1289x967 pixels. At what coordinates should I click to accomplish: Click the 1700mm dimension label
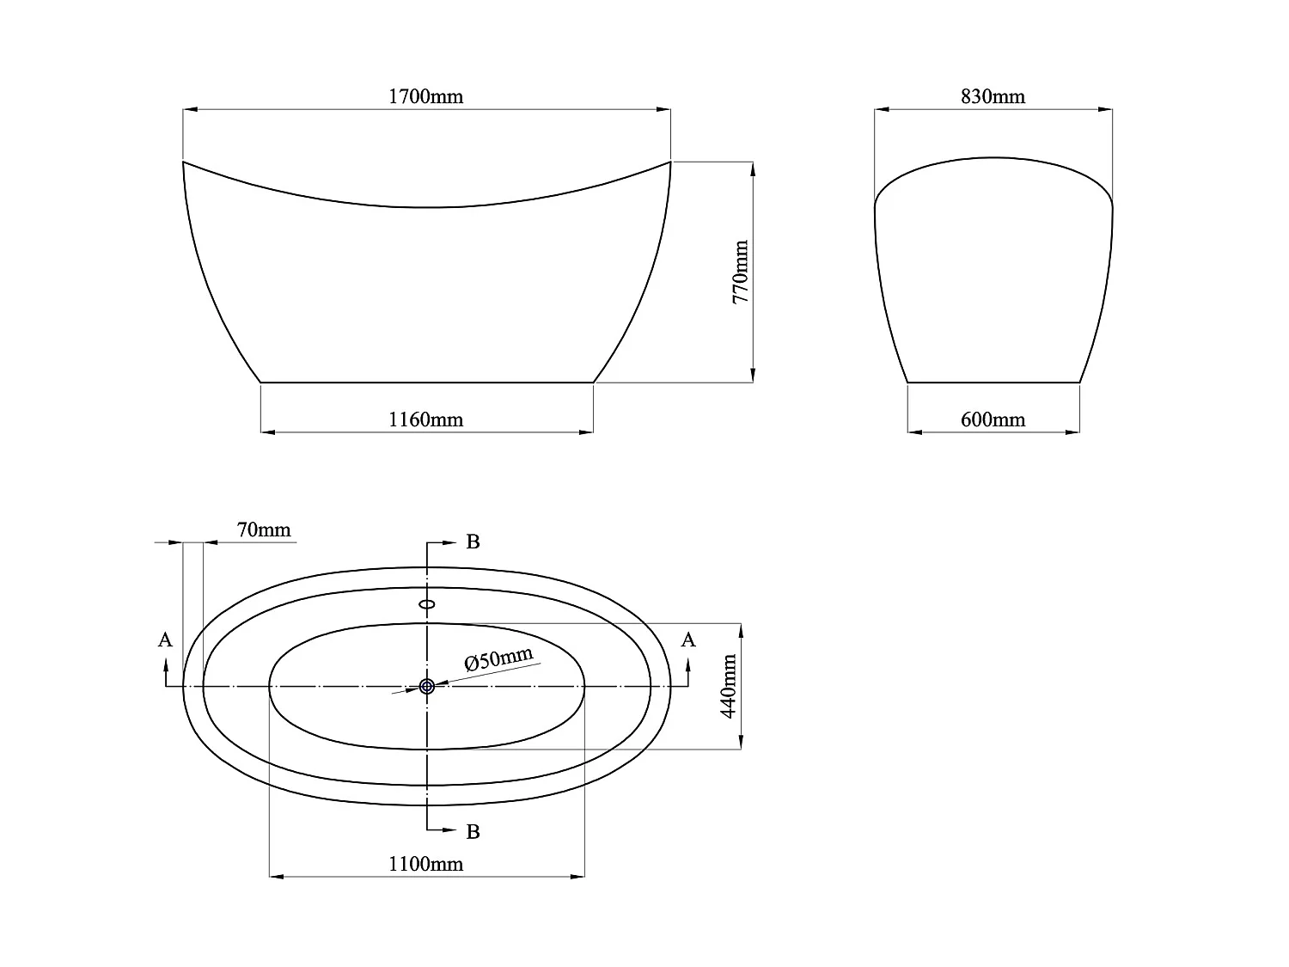425,96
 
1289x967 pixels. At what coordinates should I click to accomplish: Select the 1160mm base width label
425,419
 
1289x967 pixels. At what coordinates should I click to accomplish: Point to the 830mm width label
993,96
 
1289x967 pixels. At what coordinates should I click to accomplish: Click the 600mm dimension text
993,419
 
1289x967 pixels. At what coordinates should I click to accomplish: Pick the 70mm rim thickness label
264,529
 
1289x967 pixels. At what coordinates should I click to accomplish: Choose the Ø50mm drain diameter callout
498,659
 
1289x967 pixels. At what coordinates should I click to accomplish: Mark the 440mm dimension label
729,686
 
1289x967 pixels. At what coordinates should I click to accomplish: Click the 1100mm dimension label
425,864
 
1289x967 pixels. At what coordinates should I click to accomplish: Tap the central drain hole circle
427,686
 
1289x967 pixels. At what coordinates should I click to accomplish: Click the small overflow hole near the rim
427,603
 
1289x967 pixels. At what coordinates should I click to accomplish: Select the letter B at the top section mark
473,542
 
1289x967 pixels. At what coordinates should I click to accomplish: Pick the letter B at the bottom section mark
473,832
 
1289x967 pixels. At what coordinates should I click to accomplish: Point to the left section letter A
165,640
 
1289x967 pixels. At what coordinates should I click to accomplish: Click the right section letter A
687,640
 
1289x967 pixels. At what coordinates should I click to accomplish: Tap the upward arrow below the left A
165,664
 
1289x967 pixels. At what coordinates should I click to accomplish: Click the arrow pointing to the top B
449,543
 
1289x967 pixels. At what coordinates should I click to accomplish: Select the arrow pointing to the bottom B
449,830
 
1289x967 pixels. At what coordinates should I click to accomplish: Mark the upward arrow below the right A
687,664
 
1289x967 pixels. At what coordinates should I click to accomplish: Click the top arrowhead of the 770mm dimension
753,168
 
